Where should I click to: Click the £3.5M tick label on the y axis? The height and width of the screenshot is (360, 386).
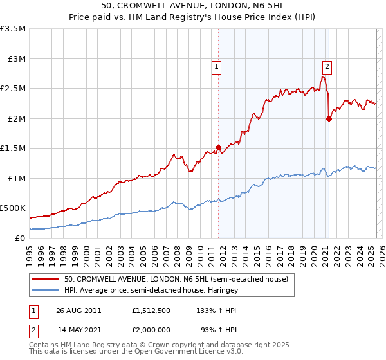[x=13, y=29]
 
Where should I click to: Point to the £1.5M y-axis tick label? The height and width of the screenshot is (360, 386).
[x=13, y=148]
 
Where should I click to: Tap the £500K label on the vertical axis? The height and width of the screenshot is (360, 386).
[x=13, y=208]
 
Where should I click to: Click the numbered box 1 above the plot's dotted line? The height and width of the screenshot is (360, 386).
[x=216, y=66]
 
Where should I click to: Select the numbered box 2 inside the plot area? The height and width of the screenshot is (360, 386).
[x=327, y=66]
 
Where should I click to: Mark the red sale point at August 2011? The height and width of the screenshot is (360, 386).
[x=218, y=147]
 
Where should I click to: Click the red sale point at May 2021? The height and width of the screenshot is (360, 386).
[x=329, y=118]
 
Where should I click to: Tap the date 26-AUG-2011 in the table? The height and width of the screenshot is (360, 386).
[x=79, y=309]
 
